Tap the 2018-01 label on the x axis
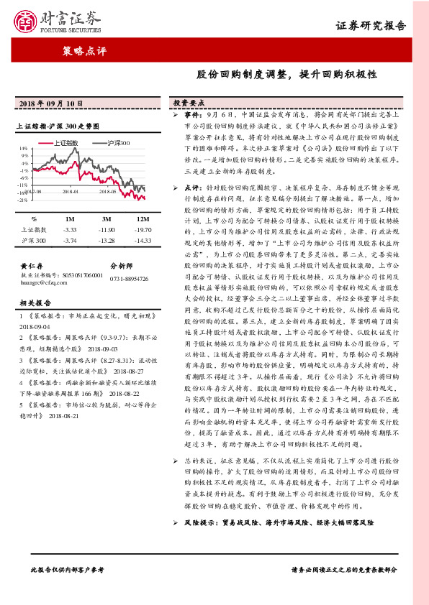(71, 192)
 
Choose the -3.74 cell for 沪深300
(70, 240)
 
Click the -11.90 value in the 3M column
(106, 228)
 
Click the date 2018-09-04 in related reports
(34, 324)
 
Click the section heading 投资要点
(189, 103)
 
